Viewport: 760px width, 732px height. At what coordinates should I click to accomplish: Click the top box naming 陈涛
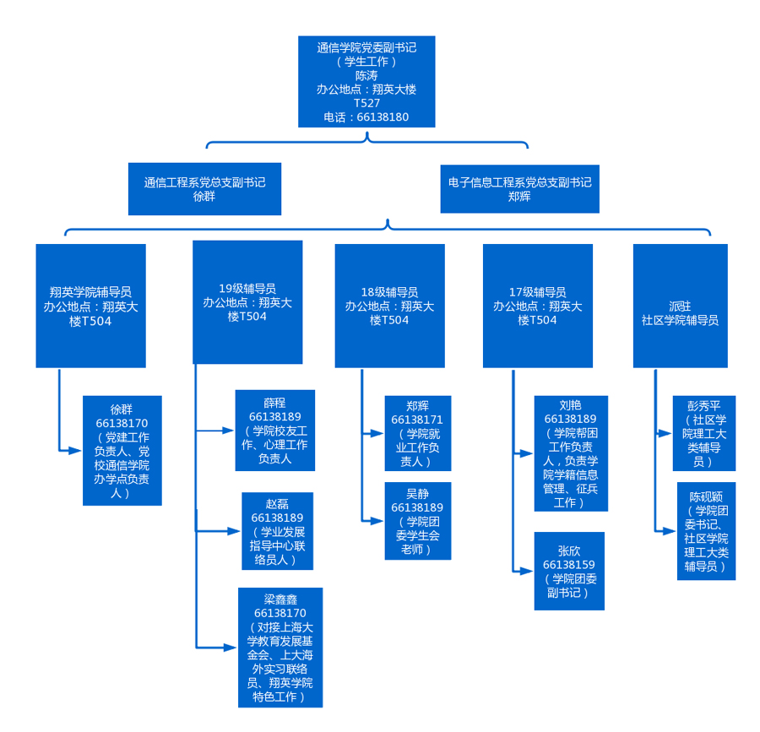[x=366, y=82]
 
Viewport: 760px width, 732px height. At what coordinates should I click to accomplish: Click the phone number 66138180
[x=383, y=117]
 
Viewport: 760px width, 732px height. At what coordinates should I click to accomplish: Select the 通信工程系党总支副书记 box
[x=204, y=189]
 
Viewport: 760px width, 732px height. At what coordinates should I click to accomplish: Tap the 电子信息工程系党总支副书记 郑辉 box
[x=519, y=189]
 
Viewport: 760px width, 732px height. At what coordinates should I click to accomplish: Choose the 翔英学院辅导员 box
[x=90, y=306]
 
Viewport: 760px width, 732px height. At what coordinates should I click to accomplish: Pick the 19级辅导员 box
[x=247, y=302]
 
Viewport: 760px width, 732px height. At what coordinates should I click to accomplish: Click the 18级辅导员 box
[x=389, y=306]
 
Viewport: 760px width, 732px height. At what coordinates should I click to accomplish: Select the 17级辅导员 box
[x=537, y=306]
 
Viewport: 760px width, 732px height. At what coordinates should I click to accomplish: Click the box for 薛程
[x=274, y=431]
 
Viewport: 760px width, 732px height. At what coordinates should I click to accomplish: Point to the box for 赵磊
[x=277, y=531]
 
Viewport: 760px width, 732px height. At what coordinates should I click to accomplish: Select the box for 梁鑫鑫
[x=280, y=648]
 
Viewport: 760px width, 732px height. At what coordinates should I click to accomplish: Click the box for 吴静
[x=417, y=521]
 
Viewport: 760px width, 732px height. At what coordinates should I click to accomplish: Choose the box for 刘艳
[x=570, y=453]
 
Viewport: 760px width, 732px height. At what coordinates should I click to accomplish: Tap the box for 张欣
[x=569, y=571]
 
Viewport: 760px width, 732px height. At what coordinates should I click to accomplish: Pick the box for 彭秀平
[x=703, y=433]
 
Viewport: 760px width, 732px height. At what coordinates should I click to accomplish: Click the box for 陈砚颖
[x=706, y=531]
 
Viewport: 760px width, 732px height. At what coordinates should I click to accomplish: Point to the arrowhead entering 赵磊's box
[x=236, y=531]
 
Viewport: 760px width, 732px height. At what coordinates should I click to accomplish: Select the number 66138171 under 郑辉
[x=417, y=420]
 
